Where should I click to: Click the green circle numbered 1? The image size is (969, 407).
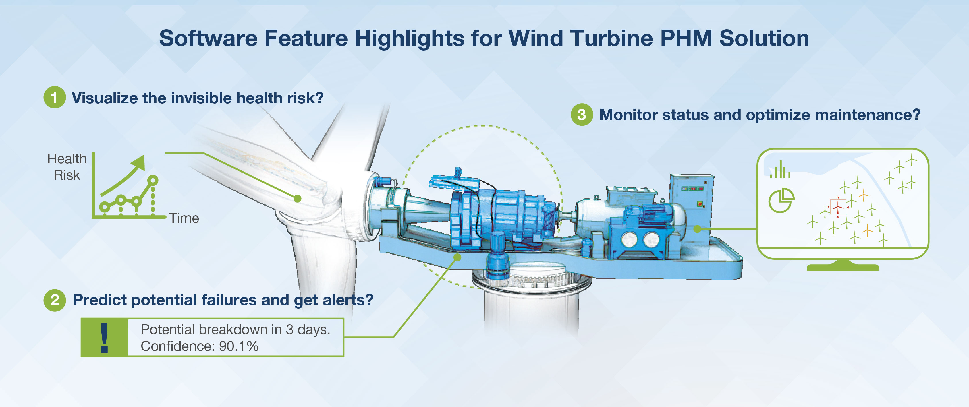tap(55, 98)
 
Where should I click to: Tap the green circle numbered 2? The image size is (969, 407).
tap(55, 300)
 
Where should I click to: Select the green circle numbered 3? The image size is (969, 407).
tap(582, 114)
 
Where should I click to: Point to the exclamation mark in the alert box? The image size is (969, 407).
tap(105, 338)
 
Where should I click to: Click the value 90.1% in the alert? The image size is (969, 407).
tap(239, 346)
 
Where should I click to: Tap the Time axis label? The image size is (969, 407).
tap(184, 218)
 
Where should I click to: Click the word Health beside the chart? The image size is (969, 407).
tap(67, 159)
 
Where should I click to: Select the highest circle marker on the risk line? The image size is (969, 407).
tap(153, 180)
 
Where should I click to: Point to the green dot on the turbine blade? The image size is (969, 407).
tap(297, 198)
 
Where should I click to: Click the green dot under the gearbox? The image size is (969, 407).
tap(458, 257)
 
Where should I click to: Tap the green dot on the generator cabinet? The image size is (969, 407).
tap(697, 228)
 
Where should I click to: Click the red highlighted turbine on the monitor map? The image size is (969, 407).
tap(838, 207)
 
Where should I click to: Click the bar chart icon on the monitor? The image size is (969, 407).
tap(780, 170)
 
